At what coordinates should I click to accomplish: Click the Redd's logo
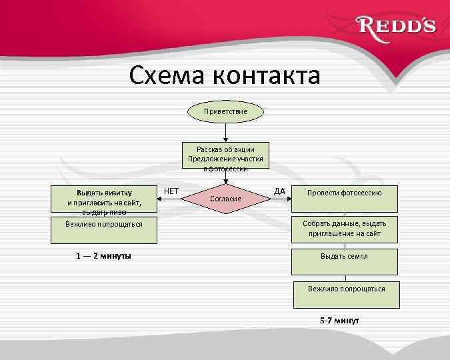397,27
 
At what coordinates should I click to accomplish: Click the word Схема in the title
167,75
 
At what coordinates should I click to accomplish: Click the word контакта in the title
267,75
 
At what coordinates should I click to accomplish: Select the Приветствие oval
226,111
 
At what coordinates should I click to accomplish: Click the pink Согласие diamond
225,198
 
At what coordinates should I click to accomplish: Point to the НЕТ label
171,191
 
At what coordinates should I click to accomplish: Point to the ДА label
280,191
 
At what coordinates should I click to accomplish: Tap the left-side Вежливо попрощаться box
103,224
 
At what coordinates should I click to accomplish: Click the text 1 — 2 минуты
103,256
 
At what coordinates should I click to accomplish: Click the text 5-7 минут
339,321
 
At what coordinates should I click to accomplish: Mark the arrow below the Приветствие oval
225,132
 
